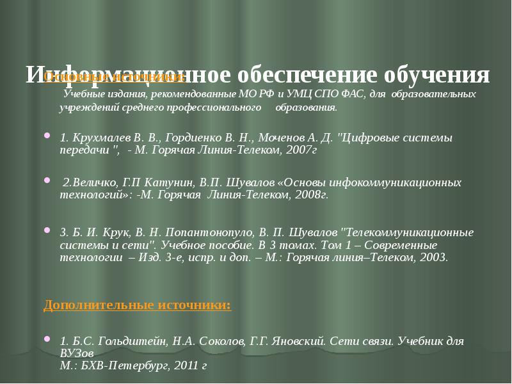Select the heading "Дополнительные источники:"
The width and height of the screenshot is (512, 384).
(138, 305)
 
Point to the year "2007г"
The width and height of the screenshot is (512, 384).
(301, 151)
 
